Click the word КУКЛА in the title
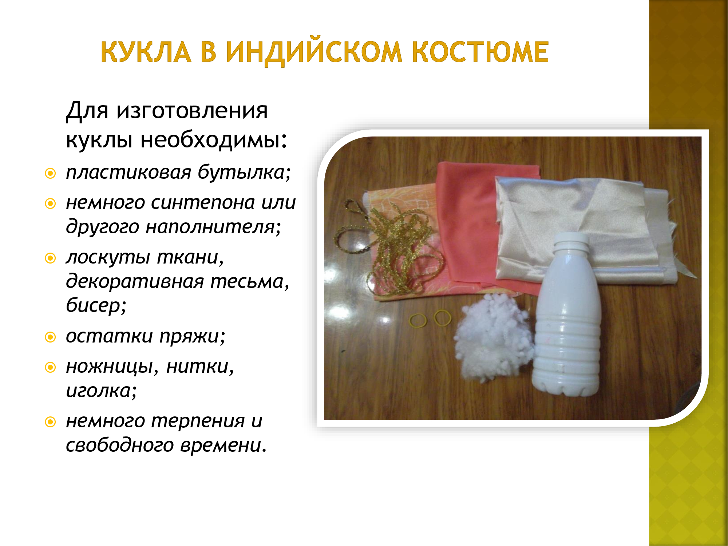coord(146,52)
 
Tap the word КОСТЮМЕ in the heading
coord(480,52)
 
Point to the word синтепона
coord(203,203)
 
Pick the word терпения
coord(198,422)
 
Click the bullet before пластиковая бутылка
coord(50,173)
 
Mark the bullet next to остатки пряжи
coord(50,337)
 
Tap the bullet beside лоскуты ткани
coord(50,258)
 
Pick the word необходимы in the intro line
coord(214,139)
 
